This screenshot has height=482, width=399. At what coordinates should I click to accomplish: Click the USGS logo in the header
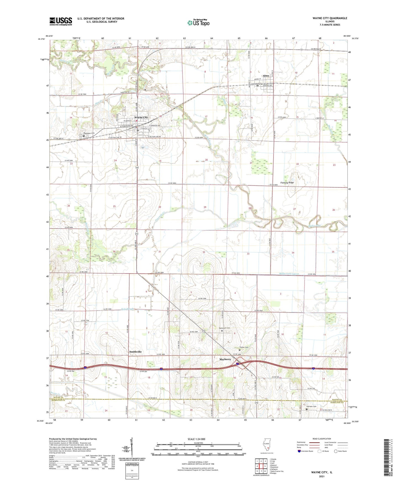point(61,21)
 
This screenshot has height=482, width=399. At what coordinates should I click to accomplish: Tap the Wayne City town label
point(141,117)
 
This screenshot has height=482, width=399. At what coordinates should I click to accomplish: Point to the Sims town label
point(266,76)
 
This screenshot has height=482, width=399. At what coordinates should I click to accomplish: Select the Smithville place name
point(135,352)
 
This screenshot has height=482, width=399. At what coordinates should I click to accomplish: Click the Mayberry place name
point(225,359)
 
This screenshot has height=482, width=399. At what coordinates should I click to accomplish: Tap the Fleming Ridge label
point(287,183)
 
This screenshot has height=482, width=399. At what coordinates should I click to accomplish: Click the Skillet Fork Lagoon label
point(289,274)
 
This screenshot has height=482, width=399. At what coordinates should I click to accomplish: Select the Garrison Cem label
point(311,406)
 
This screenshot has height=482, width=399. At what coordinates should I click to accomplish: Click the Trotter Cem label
point(244,347)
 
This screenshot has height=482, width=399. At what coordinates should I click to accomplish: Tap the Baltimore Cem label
point(224,328)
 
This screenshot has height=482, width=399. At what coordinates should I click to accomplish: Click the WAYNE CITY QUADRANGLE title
point(330,18)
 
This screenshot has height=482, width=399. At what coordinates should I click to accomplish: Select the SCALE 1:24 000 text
point(196,439)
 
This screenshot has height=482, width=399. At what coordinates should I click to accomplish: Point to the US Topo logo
point(198,22)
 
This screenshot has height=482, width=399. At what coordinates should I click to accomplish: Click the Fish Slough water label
point(128,309)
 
